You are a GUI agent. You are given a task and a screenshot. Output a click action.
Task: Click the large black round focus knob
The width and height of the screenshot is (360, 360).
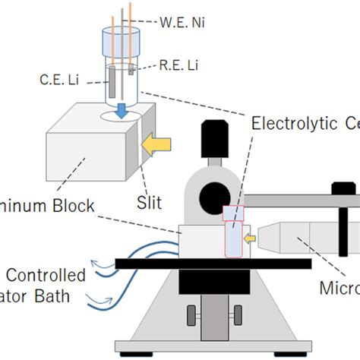tap(213, 196)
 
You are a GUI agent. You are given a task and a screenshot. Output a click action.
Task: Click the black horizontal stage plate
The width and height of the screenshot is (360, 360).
tap(213, 263)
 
